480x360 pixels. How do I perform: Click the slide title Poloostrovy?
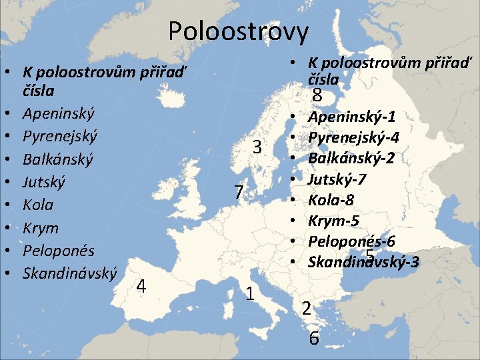(239, 31)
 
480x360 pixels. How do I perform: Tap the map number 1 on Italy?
(249, 293)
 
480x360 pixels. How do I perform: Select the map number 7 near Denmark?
(239, 193)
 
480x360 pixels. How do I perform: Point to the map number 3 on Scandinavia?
(257, 147)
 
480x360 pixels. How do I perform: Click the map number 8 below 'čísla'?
(317, 97)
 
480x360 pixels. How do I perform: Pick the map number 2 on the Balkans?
(305, 309)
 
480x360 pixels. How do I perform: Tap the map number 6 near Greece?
(313, 338)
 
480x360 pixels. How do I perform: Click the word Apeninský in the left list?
(59, 113)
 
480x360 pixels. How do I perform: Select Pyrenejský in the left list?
(60, 137)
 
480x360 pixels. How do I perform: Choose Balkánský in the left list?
(58, 160)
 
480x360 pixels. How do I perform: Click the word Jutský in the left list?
(44, 182)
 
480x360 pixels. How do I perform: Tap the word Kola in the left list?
(38, 205)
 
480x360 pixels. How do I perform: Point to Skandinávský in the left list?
(70, 273)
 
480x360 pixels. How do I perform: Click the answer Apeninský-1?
(351, 117)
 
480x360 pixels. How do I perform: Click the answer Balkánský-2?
(351, 159)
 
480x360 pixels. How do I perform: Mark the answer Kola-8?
(331, 200)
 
